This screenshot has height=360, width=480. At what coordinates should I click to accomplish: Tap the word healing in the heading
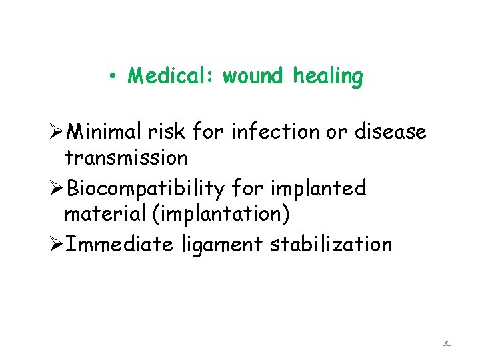[x=328, y=77]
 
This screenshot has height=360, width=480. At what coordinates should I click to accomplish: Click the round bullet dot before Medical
[x=115, y=77]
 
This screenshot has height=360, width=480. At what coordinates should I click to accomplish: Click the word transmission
[x=126, y=158]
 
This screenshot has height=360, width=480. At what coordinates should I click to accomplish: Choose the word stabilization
[x=331, y=244]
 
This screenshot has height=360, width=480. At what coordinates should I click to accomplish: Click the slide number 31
[x=447, y=343]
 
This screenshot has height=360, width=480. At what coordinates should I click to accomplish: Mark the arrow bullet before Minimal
[x=57, y=133]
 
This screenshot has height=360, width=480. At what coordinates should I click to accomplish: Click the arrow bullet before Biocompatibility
[x=57, y=189]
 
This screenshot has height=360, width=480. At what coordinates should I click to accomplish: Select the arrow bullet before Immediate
[x=57, y=245]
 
